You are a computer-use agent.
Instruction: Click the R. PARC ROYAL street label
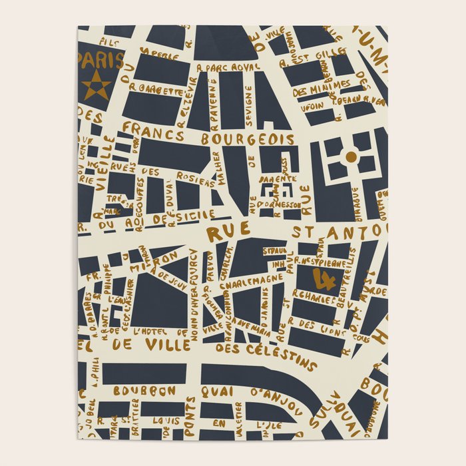click(226, 67)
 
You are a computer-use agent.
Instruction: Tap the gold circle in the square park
click(350, 156)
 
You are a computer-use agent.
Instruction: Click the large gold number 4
click(326, 280)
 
